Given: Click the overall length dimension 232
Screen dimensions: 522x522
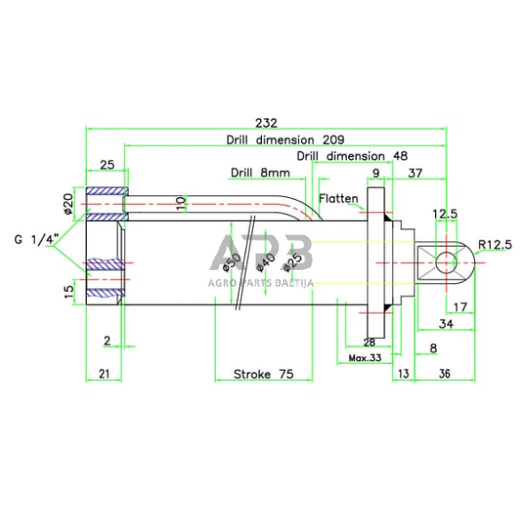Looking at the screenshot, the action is pyautogui.click(x=266, y=123).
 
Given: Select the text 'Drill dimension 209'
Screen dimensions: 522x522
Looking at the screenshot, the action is pyautogui.click(x=285, y=139).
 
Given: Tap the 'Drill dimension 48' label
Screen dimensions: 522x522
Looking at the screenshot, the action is pyautogui.click(x=352, y=156).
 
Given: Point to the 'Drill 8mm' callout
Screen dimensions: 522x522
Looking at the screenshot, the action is pyautogui.click(x=260, y=172).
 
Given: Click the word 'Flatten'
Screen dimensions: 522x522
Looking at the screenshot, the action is pyautogui.click(x=338, y=199).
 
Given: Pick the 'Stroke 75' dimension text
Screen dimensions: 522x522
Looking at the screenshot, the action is pyautogui.click(x=264, y=375).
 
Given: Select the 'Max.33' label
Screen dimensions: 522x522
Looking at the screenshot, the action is pyautogui.click(x=365, y=358).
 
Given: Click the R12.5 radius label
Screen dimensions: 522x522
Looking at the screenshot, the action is pyautogui.click(x=495, y=245).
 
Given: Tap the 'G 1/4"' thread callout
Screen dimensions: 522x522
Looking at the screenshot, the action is pyautogui.click(x=36, y=240).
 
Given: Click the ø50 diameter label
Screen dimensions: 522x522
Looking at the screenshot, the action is pyautogui.click(x=232, y=262).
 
